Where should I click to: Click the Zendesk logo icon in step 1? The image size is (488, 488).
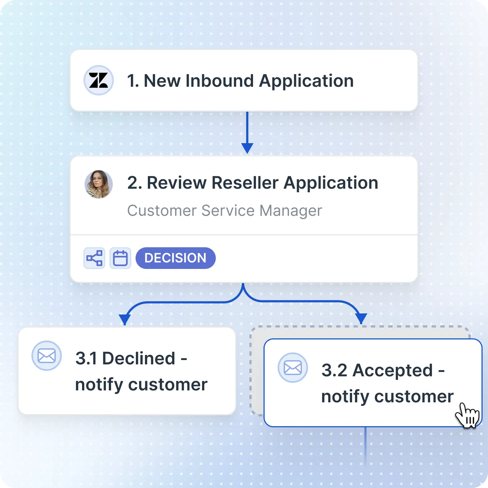tap(99, 80)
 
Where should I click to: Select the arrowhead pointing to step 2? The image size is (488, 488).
tap(247, 148)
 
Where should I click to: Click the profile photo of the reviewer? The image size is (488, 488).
tap(99, 184)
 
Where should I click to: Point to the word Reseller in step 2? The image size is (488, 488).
tap(245, 183)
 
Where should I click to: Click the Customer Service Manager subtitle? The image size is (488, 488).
tap(224, 210)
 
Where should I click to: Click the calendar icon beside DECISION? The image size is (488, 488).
tap(120, 258)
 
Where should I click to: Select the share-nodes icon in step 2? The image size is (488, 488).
tap(94, 258)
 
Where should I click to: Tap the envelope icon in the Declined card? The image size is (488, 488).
tap(47, 356)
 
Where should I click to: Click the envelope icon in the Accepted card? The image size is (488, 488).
tap(293, 368)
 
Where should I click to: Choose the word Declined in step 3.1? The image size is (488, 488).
tap(139, 359)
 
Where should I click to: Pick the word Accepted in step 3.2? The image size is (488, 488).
tap(393, 371)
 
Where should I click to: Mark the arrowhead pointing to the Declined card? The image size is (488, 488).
tap(125, 319)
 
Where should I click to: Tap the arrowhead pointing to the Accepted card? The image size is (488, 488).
tap(361, 318)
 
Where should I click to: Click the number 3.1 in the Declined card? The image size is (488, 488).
tap(86, 359)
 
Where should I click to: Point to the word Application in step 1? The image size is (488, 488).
tap(306, 81)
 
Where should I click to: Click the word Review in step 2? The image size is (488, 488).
tap(176, 183)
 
